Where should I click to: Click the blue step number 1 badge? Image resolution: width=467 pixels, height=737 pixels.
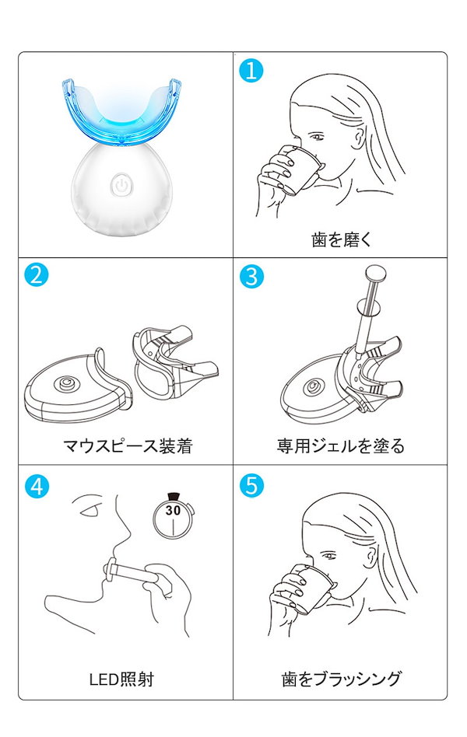click(251, 71)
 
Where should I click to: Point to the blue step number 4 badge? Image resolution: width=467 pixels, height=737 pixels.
click(36, 486)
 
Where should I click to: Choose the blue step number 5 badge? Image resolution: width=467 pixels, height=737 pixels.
click(251, 486)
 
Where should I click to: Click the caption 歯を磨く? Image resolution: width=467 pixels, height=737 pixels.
click(341, 239)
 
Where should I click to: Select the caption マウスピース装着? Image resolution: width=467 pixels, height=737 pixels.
click(127, 446)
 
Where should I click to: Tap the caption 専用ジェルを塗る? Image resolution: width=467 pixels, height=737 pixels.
click(341, 446)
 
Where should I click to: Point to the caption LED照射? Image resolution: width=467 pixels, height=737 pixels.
click(121, 679)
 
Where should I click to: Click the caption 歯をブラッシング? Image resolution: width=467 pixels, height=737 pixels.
click(341, 679)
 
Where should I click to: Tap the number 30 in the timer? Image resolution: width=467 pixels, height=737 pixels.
click(173, 511)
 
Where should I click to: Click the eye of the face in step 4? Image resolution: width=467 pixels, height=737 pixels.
click(92, 512)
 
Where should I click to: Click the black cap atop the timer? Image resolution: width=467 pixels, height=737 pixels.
click(173, 493)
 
